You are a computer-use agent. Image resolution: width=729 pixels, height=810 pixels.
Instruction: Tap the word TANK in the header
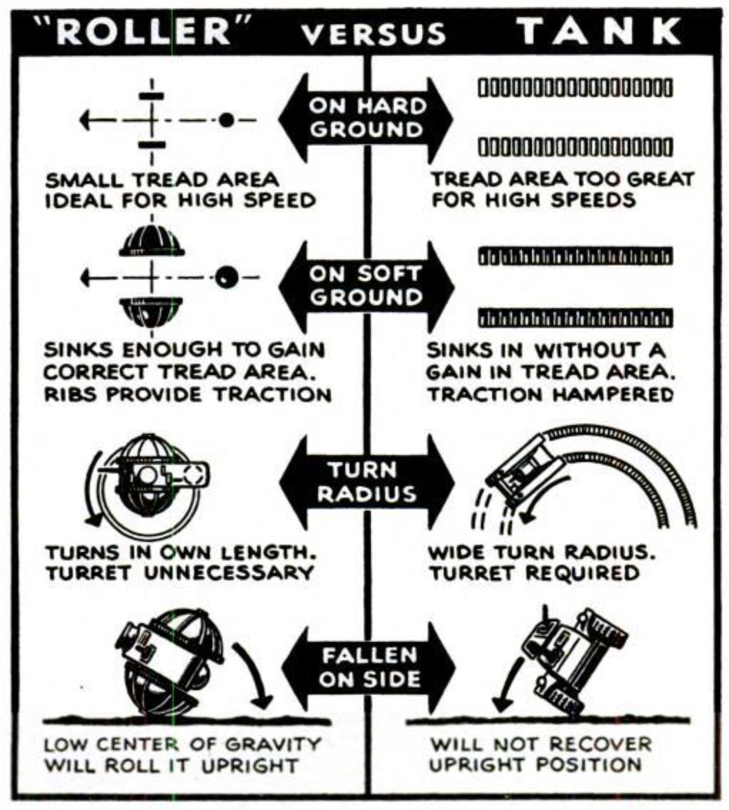coord(598,31)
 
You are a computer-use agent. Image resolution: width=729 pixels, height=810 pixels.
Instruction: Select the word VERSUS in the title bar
coord(374,34)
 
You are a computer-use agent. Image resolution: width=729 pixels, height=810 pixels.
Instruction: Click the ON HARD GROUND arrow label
coord(366,118)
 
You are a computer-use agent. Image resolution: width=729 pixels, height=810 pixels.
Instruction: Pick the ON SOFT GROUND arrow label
coord(366,285)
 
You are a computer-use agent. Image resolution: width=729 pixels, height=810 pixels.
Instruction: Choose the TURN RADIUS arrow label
coord(366,482)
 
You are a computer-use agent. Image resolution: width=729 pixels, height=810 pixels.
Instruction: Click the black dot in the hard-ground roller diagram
coord(226,120)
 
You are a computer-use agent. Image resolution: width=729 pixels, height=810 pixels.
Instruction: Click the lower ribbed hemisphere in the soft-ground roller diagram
coord(151,311)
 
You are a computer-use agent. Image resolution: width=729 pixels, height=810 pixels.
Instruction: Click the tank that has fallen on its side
coord(574,660)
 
